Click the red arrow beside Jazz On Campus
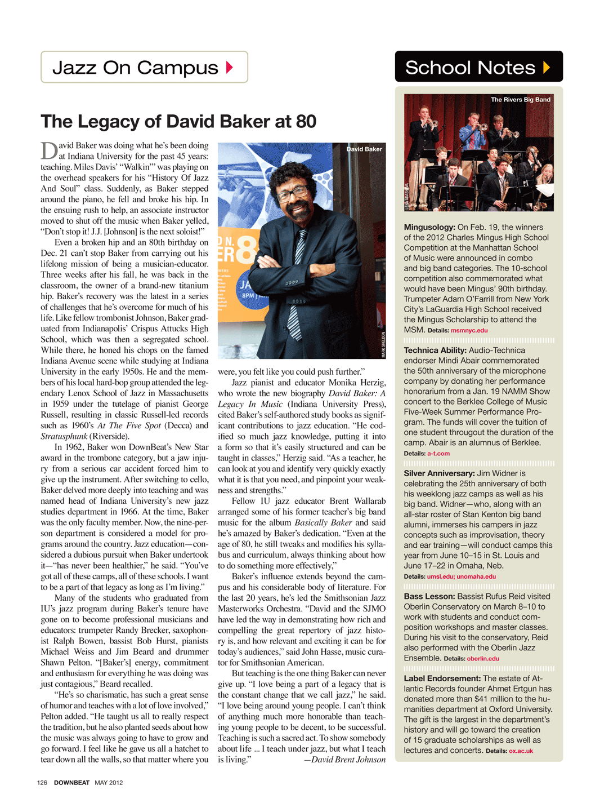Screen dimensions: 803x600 click(229, 68)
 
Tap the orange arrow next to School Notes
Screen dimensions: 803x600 click(546, 68)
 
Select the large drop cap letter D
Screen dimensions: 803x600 click(49, 151)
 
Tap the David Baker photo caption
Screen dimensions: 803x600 click(364, 149)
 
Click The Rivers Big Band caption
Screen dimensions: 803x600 click(520, 100)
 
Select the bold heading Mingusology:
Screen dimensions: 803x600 click(429, 227)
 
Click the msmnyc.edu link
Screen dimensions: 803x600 click(469, 331)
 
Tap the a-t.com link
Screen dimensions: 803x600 click(438, 454)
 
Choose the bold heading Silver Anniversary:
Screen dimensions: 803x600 click(439, 473)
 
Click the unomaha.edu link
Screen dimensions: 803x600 click(476, 576)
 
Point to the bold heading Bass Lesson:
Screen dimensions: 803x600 click(429, 596)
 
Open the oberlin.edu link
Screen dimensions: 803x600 click(483, 659)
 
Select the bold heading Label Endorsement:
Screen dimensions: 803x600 click(442, 678)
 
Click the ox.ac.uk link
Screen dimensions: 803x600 click(521, 751)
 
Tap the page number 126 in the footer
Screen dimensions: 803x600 click(42, 783)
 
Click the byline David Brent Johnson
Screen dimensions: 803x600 click(348, 760)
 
